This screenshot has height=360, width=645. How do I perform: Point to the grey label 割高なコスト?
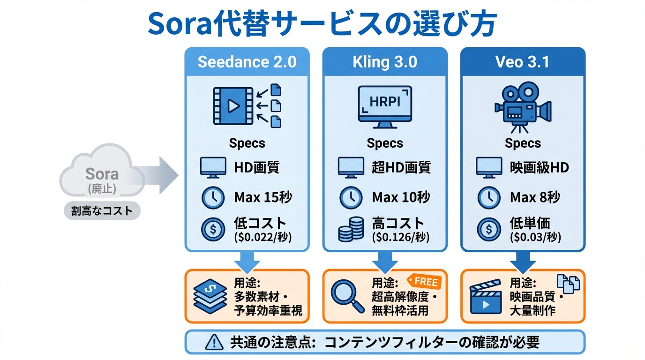click(102, 211)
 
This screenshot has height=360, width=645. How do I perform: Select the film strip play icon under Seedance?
click(232, 105)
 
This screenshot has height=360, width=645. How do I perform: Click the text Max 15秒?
click(263, 197)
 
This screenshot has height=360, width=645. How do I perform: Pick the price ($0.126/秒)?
click(401, 237)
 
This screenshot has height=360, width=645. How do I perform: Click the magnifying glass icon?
click(347, 295)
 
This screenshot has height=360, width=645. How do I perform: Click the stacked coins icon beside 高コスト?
click(351, 230)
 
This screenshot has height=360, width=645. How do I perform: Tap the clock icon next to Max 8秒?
click(488, 198)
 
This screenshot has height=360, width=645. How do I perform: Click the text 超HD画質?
click(401, 167)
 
